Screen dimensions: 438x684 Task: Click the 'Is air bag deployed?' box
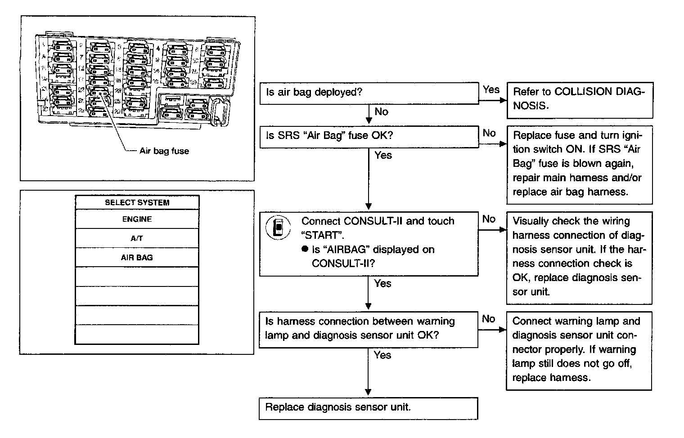(x=369, y=93)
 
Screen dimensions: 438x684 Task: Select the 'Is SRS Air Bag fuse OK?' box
(x=369, y=136)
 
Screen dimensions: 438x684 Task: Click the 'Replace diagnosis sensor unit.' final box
(x=368, y=408)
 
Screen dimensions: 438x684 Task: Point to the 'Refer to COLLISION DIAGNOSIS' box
(x=580, y=99)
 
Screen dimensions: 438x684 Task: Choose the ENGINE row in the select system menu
(x=137, y=219)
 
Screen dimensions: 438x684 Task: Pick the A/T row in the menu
(x=137, y=238)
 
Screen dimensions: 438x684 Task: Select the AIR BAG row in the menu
(x=137, y=258)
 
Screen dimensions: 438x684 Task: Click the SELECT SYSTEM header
(x=137, y=202)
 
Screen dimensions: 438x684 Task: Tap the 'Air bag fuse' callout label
(x=164, y=151)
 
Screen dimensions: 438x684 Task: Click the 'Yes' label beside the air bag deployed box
(x=491, y=89)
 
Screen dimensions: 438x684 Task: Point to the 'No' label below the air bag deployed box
(x=381, y=112)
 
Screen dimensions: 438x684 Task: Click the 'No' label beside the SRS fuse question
(x=489, y=133)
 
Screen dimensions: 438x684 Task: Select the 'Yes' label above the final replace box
(x=382, y=355)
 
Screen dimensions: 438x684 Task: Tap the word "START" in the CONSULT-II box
(x=319, y=235)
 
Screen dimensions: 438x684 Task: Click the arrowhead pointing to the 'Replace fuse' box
(x=503, y=144)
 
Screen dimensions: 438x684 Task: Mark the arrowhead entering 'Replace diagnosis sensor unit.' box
(x=369, y=392)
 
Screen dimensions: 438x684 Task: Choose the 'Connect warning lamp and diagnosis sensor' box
(x=579, y=350)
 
